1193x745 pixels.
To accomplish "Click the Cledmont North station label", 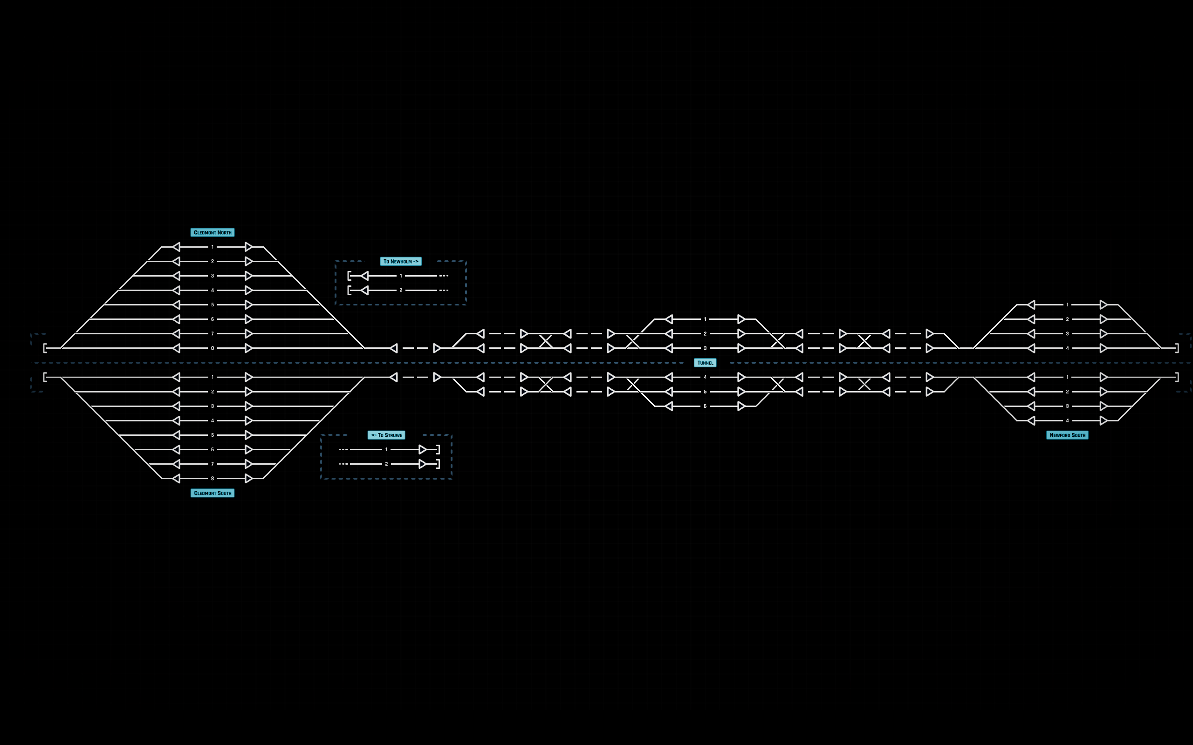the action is (213, 232).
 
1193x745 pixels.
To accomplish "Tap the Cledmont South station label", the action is (213, 493).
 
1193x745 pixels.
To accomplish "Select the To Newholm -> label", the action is (401, 262).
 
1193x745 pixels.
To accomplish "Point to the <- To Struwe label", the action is (386, 435).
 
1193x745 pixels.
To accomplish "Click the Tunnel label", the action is (705, 363).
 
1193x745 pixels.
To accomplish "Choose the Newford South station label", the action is (1067, 435).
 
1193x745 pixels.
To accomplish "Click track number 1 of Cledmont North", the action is (213, 247).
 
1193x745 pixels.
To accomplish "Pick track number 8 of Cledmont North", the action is (213, 348).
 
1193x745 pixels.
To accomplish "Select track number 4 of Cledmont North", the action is (213, 290).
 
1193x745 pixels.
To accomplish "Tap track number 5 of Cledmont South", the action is (213, 435).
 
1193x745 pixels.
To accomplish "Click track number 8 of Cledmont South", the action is (213, 479).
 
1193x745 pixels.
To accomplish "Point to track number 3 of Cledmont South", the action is (213, 406).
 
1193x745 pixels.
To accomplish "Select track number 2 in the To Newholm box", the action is (401, 290).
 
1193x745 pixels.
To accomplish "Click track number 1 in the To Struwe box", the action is (386, 449).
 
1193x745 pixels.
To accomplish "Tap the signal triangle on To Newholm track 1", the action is (365, 276).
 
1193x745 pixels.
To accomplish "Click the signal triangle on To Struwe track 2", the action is (423, 464).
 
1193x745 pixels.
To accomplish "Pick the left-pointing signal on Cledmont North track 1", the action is (176, 247).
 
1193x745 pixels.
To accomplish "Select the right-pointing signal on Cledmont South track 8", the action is (249, 479).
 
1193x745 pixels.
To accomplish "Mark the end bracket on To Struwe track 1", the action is (438, 449).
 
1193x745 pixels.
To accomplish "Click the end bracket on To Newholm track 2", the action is (349, 290).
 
